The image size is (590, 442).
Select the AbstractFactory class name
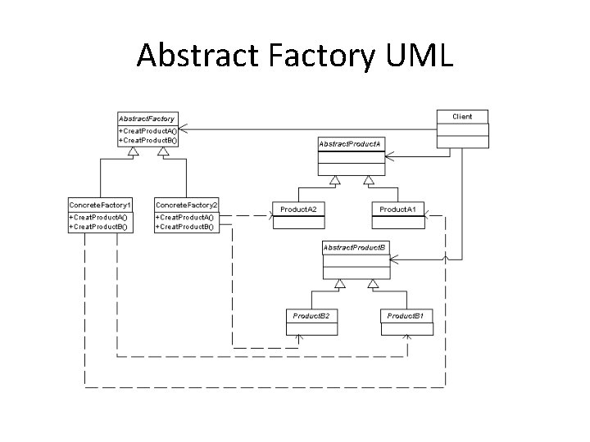147,119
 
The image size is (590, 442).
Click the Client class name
463,116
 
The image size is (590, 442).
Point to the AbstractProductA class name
351,144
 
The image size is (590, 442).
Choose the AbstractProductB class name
356,246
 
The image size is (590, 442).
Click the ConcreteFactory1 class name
99,204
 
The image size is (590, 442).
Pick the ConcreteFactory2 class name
187,204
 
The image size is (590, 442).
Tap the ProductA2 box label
299,210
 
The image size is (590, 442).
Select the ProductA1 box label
397,210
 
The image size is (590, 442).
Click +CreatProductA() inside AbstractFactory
147,131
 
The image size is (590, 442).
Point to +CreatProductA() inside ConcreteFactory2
185,216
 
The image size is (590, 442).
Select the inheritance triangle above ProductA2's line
334,180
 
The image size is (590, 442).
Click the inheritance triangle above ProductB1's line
373,284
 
